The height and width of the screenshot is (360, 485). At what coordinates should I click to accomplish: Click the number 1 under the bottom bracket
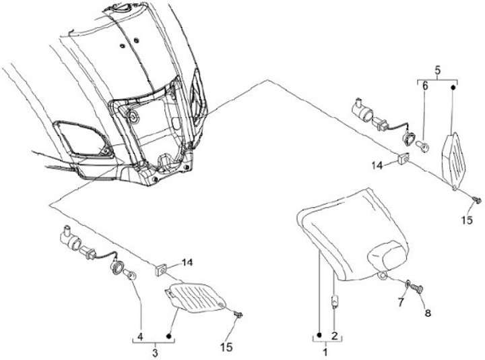tap(326, 352)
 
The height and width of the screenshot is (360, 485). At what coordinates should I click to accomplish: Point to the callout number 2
tap(334, 335)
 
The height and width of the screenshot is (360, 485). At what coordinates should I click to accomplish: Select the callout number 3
tap(154, 352)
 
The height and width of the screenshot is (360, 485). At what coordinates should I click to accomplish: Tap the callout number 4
tap(140, 335)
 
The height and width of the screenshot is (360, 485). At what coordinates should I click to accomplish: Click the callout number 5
tap(437, 69)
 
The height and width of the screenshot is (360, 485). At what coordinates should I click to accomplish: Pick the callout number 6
tap(424, 86)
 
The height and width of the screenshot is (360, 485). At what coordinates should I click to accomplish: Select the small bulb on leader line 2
tap(334, 301)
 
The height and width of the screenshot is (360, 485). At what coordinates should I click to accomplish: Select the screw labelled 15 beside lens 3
tap(238, 314)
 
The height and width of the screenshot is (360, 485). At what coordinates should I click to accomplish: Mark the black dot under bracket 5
tap(453, 87)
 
